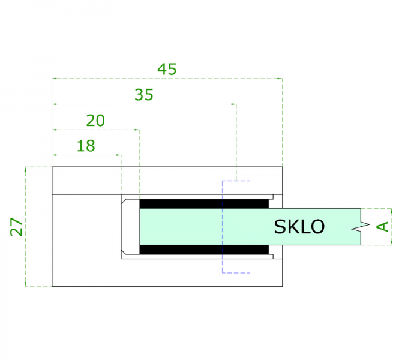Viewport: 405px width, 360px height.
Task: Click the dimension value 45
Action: click(167, 69)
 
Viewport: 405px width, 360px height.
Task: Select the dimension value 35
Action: click(144, 95)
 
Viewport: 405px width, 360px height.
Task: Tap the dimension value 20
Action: click(95, 121)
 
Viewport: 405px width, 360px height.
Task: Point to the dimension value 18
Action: click(86, 146)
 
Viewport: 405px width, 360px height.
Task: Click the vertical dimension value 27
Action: click(16, 227)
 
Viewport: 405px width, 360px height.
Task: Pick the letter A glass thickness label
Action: click(383, 226)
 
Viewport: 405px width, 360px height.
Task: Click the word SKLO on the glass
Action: click(299, 227)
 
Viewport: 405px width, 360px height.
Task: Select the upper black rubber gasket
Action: click(204, 204)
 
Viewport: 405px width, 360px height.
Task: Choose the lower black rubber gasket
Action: click(204, 250)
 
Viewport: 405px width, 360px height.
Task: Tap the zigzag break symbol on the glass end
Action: click(361, 226)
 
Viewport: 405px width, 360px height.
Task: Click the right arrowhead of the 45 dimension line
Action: click(280, 79)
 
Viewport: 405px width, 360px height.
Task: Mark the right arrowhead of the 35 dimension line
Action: click(234, 104)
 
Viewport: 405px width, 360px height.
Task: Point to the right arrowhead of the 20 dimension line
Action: click(137, 130)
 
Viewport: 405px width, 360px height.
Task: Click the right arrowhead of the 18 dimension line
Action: click(119, 155)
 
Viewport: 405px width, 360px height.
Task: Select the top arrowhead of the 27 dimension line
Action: click(26, 169)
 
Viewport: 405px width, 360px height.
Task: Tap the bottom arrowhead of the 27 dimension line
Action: click(26, 284)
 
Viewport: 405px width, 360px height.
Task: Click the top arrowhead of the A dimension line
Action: click(392, 211)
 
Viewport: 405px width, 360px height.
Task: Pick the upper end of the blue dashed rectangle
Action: click(236, 181)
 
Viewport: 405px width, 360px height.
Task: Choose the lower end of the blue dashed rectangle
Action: click(236, 273)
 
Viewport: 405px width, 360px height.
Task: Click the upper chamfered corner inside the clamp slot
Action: click(124, 201)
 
